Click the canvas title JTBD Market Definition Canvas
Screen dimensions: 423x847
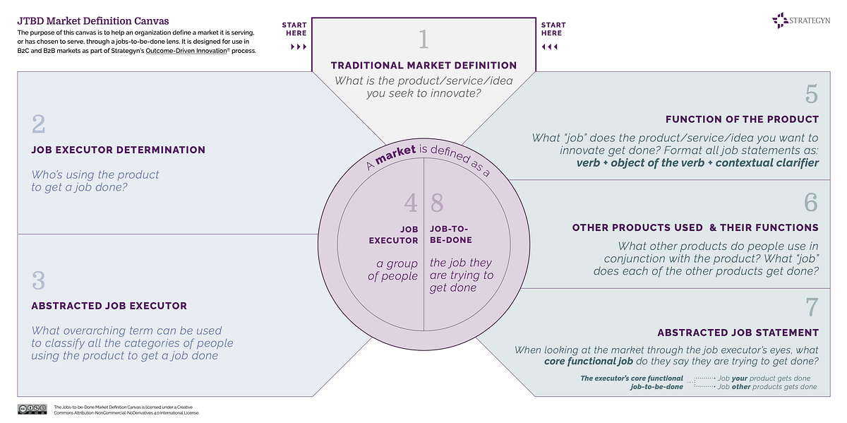click(92, 21)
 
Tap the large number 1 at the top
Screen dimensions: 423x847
click(423, 39)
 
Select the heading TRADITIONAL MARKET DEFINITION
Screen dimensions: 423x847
click(423, 66)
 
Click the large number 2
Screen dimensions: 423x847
click(39, 124)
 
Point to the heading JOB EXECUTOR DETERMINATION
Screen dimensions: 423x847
click(119, 150)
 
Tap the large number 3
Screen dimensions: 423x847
click(39, 280)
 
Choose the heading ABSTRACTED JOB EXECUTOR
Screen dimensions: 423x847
click(109, 306)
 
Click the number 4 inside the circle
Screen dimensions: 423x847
click(411, 203)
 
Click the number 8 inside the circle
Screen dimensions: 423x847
click(437, 203)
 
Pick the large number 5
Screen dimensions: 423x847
click(811, 94)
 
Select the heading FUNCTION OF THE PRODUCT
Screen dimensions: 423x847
click(742, 119)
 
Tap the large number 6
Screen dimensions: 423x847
click(811, 203)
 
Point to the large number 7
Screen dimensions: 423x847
click(811, 307)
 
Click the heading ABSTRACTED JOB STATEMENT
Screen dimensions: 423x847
click(738, 333)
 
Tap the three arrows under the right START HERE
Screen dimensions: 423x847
click(549, 47)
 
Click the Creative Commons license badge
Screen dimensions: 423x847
click(32, 410)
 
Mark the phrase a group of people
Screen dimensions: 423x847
click(392, 270)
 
